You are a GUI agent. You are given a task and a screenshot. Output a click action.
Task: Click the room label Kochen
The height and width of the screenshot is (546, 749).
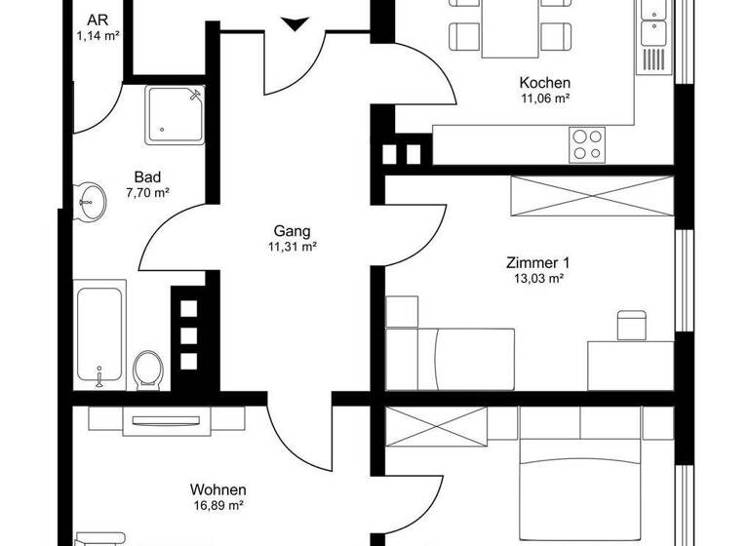click(544, 83)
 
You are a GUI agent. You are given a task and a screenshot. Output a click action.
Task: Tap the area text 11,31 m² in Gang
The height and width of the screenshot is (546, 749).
click(293, 248)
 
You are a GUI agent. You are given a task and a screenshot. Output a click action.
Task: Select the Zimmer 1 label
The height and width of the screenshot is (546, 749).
click(537, 262)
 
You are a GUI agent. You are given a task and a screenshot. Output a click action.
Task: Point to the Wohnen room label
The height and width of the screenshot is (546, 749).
click(217, 489)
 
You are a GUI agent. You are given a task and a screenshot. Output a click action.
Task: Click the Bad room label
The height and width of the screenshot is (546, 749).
click(148, 177)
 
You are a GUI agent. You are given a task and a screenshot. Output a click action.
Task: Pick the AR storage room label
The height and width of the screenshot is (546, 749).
click(98, 20)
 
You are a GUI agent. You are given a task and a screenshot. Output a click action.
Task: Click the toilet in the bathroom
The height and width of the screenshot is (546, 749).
click(148, 368)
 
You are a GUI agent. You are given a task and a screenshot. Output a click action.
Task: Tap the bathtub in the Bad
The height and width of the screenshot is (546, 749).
click(100, 332)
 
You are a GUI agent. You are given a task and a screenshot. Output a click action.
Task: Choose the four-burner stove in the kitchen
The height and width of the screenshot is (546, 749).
click(587, 144)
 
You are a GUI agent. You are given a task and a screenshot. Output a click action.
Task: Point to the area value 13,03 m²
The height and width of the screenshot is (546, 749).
click(537, 278)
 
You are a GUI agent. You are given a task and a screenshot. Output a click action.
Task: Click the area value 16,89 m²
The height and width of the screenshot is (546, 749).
click(217, 505)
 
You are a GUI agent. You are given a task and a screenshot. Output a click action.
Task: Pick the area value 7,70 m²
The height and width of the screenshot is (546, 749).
click(148, 193)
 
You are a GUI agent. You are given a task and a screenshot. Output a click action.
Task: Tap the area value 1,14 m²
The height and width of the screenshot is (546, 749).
click(98, 36)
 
